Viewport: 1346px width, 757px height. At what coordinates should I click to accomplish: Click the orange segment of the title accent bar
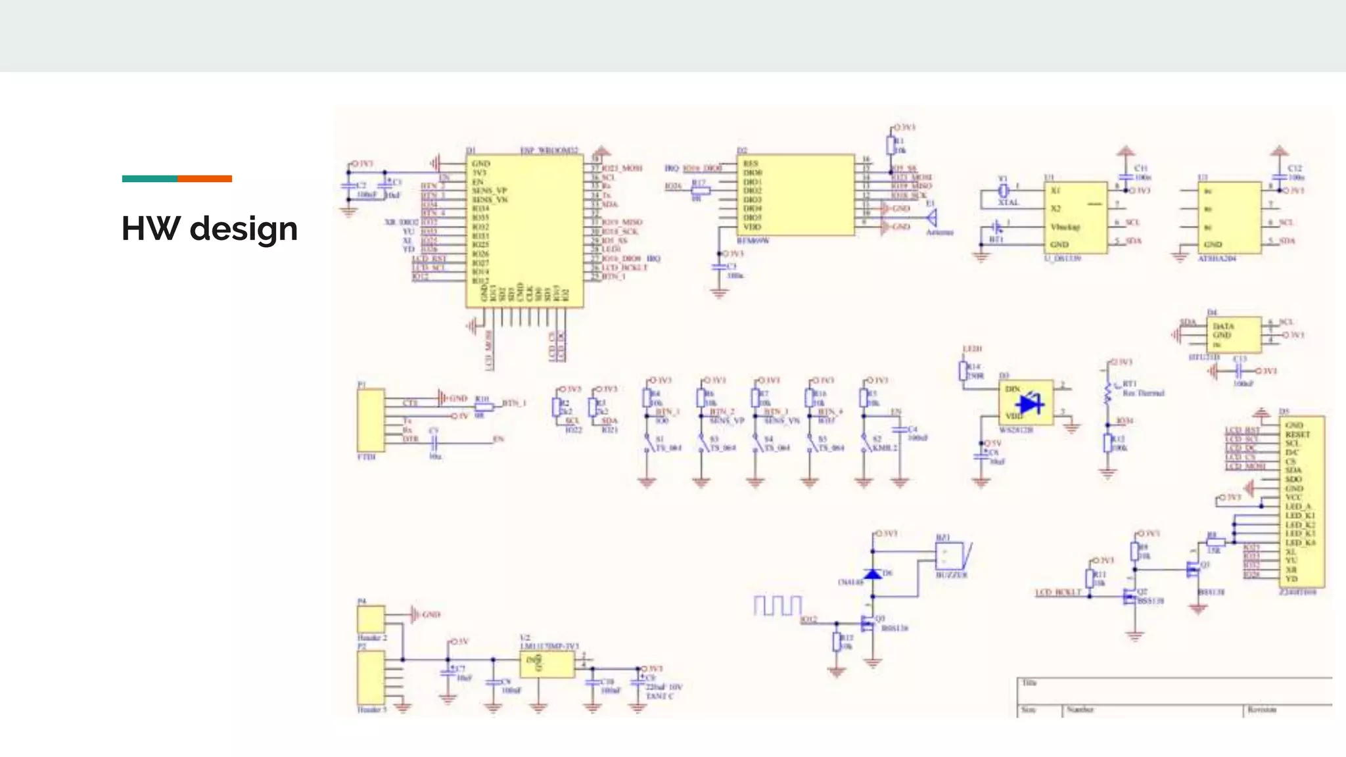coord(204,179)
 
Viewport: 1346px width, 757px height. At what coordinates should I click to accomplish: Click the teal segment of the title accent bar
coord(149,179)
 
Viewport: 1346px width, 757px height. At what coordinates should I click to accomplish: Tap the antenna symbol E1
coord(931,218)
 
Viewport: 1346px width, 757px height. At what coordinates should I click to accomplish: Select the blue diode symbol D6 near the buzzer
coord(873,574)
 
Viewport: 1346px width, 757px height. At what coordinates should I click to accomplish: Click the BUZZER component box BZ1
coord(950,556)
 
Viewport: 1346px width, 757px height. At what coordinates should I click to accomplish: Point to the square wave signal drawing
coord(777,605)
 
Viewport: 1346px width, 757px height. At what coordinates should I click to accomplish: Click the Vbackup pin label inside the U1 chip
coord(1065,227)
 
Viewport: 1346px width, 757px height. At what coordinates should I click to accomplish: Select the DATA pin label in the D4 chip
coord(1223,326)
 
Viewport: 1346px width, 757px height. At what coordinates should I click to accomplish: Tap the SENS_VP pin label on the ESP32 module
coord(489,191)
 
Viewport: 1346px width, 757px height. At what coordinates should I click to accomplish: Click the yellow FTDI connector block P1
coord(371,419)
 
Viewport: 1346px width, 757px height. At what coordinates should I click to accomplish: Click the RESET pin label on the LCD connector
coord(1297,434)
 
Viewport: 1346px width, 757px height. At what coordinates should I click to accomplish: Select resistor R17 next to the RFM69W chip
coord(701,191)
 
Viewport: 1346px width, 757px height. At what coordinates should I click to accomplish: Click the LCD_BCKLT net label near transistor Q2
coord(1058,593)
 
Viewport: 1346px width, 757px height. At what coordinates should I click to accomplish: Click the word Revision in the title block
coord(1262,710)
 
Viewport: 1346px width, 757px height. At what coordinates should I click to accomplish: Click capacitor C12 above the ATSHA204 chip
coord(1279,176)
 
